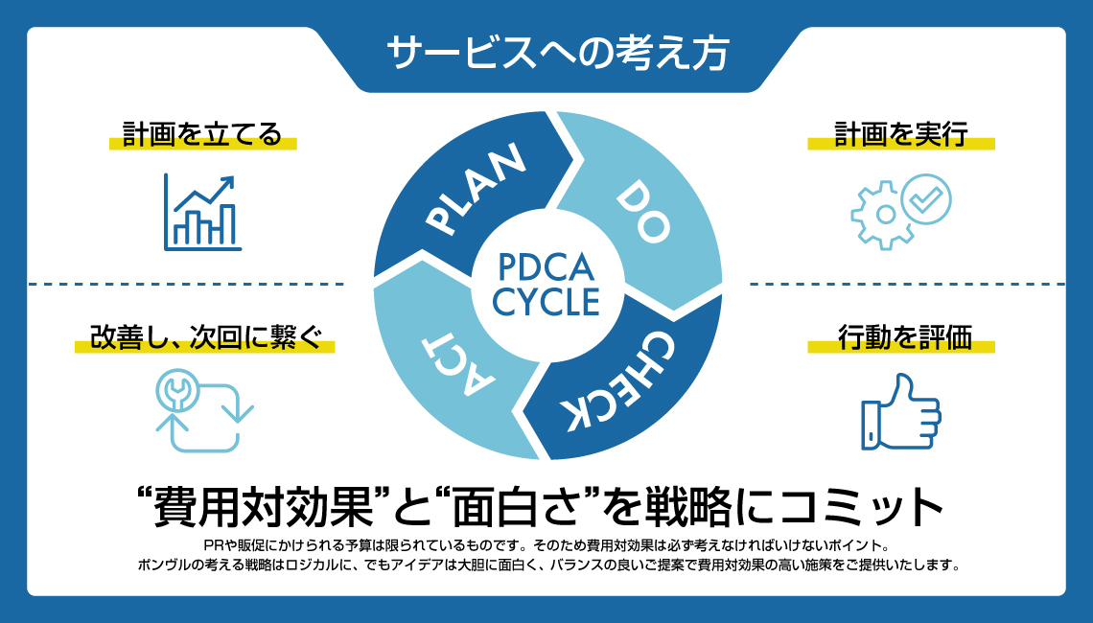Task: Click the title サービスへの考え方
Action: (x=557, y=53)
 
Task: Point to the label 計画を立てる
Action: (x=202, y=134)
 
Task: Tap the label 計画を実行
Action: (x=900, y=134)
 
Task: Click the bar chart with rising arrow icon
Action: (x=202, y=212)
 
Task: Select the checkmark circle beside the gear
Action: (x=926, y=198)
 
